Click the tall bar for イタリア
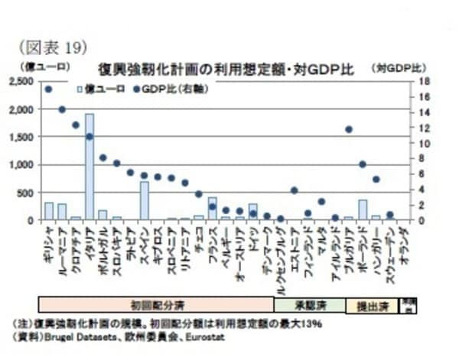(x=90, y=167)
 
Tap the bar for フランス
(x=212, y=209)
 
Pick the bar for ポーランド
(x=363, y=210)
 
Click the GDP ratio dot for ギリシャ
(x=48, y=89)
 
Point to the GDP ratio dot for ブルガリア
(x=349, y=129)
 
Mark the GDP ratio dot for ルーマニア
(x=62, y=109)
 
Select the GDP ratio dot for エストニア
(x=295, y=190)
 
